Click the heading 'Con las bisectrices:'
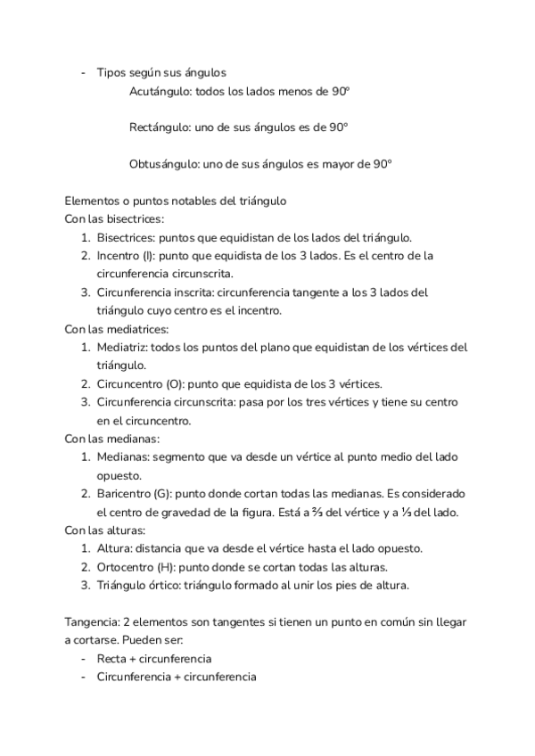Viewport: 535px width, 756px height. click(115, 219)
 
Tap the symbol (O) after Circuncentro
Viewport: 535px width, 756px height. click(176, 384)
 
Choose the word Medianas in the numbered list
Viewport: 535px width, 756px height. click(123, 457)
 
